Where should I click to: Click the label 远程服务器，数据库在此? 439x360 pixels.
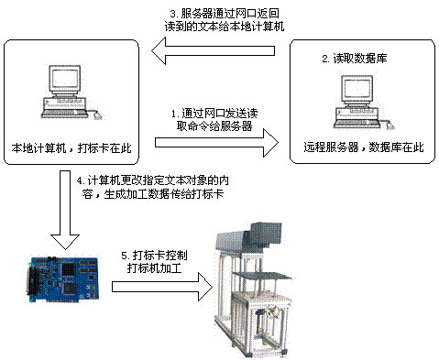click(359, 147)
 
